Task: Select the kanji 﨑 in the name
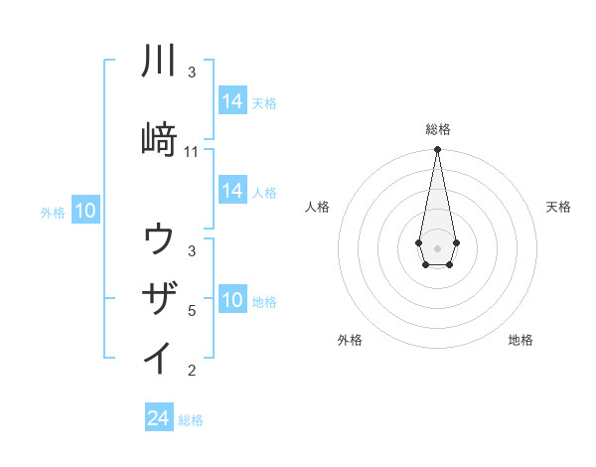click(x=160, y=139)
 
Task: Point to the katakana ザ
click(x=160, y=297)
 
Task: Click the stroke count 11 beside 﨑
click(x=192, y=152)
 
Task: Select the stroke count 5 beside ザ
click(x=192, y=311)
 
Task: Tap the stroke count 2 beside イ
click(x=192, y=371)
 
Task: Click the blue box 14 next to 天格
click(x=232, y=101)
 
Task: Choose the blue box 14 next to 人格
click(x=232, y=191)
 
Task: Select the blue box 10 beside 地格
click(x=232, y=300)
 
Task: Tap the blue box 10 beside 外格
click(x=85, y=211)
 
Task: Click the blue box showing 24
click(x=159, y=419)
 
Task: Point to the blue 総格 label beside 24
click(x=191, y=420)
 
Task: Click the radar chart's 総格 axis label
click(x=438, y=129)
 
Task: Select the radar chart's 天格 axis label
click(x=559, y=207)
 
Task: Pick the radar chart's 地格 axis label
click(x=521, y=340)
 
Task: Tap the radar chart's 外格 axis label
click(x=350, y=340)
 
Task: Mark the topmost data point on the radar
click(x=437, y=150)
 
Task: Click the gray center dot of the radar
click(x=437, y=246)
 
